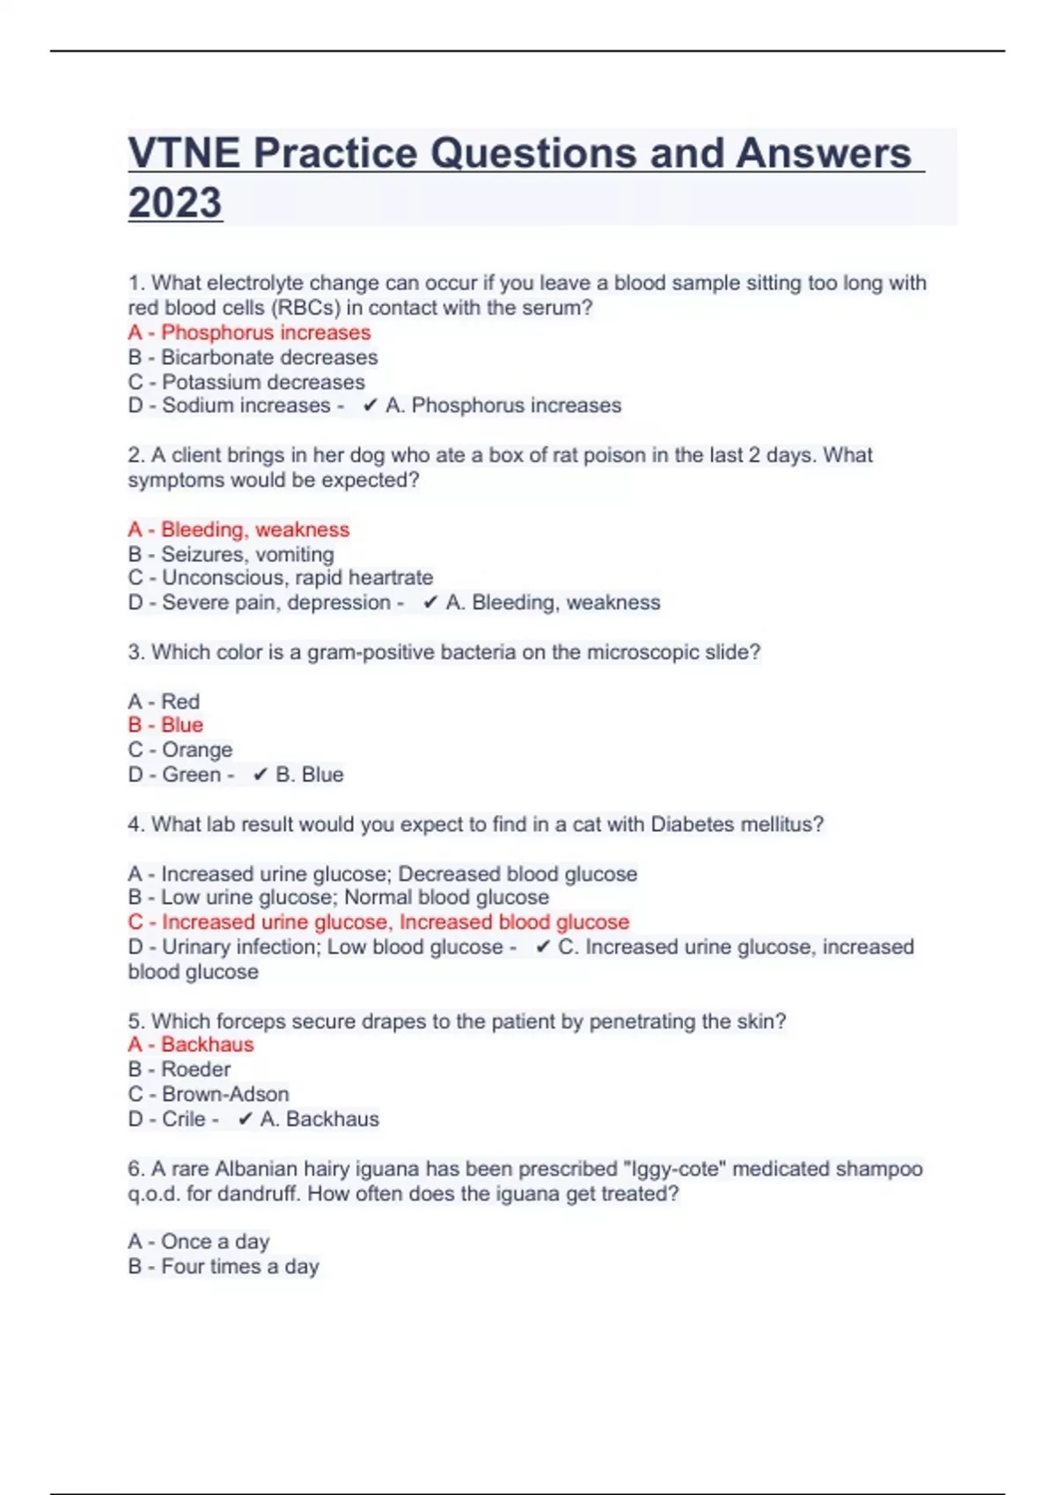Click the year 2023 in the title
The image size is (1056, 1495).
pos(175,202)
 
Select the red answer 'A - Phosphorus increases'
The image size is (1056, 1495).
pos(249,332)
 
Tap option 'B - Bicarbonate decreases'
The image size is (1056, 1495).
pos(253,357)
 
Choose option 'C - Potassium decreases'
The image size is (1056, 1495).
pos(246,382)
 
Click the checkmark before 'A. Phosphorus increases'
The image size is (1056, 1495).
pos(370,405)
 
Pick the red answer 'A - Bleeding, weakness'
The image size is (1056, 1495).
pos(238,529)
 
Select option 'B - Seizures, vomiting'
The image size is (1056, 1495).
pos(231,554)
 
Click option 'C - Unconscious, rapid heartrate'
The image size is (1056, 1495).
pos(280,578)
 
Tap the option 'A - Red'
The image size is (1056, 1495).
pos(164,702)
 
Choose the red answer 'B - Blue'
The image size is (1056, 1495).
pos(165,725)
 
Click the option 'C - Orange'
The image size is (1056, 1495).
pos(180,749)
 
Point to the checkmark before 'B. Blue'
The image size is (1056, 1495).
pos(260,775)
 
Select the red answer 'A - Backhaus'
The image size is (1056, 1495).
pos(191,1045)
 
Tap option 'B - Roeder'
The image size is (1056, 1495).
pos(180,1069)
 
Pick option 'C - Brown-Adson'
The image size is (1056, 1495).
pos(209,1094)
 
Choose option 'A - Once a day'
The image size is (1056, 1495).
pos(199,1242)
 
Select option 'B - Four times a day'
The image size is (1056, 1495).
pos(224,1266)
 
